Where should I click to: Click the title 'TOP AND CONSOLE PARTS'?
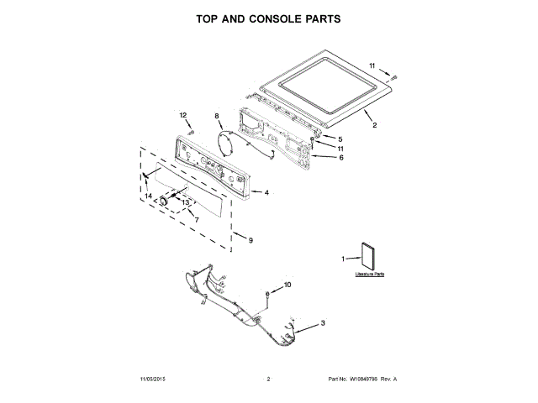[268, 18]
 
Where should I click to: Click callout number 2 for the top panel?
[374, 125]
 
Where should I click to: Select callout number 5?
[340, 139]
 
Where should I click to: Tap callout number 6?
[340, 157]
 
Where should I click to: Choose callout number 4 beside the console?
[266, 192]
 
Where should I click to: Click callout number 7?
[196, 220]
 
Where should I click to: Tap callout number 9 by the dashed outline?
[250, 240]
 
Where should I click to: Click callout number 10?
[287, 285]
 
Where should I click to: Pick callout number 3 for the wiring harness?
[324, 322]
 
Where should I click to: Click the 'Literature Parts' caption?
[369, 275]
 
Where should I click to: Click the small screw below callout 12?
[192, 131]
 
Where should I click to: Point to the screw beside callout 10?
[268, 293]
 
